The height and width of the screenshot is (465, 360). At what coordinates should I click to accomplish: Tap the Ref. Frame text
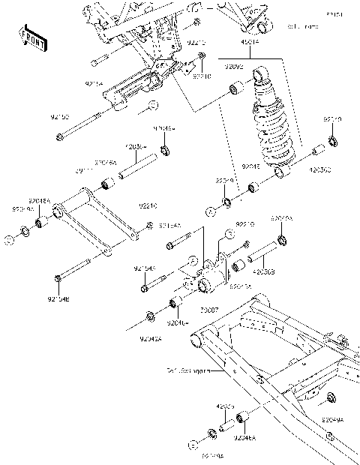pyautogui.click(x=304, y=26)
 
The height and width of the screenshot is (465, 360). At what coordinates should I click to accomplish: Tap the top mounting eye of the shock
pyautogui.click(x=260, y=75)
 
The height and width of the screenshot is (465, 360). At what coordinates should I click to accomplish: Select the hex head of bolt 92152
pyautogui.click(x=58, y=136)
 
